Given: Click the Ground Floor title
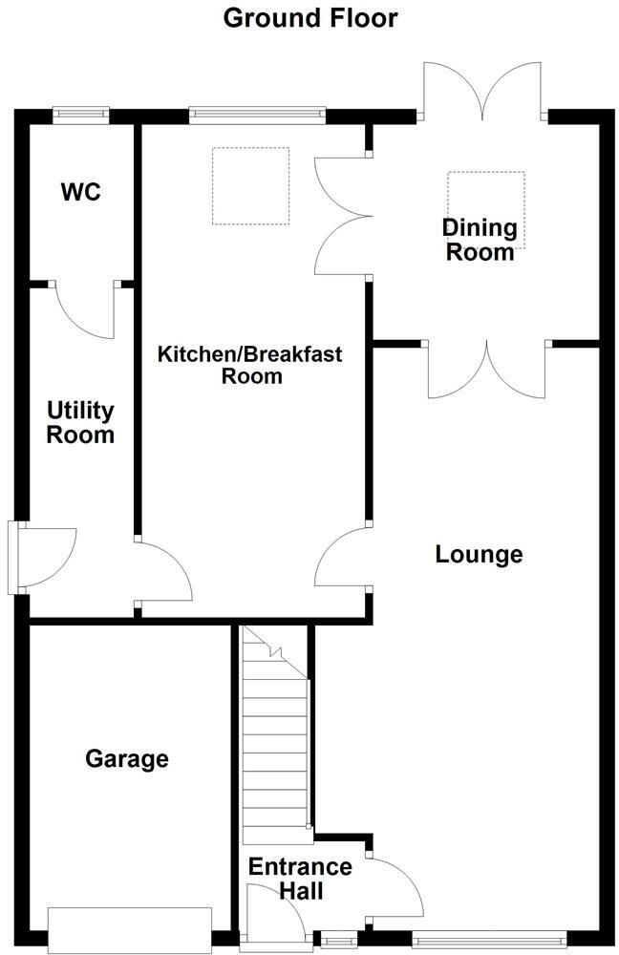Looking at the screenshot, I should click(309, 17).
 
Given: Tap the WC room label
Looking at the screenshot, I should click(80, 192).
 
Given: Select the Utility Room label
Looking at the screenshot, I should click(81, 423).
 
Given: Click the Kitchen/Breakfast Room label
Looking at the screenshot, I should click(250, 365).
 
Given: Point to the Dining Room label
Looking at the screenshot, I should click(480, 240).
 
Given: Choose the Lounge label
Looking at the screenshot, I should click(479, 554).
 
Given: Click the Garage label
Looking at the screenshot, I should click(127, 759).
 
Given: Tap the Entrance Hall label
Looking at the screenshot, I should click(300, 880).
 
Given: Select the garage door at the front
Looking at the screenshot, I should click(129, 925).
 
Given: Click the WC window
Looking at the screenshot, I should click(80, 116).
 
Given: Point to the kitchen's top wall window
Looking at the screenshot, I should click(258, 116).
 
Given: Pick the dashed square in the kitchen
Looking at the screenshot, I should click(250, 186).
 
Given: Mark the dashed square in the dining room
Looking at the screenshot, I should click(486, 199).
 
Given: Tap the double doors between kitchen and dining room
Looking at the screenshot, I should click(342, 215).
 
